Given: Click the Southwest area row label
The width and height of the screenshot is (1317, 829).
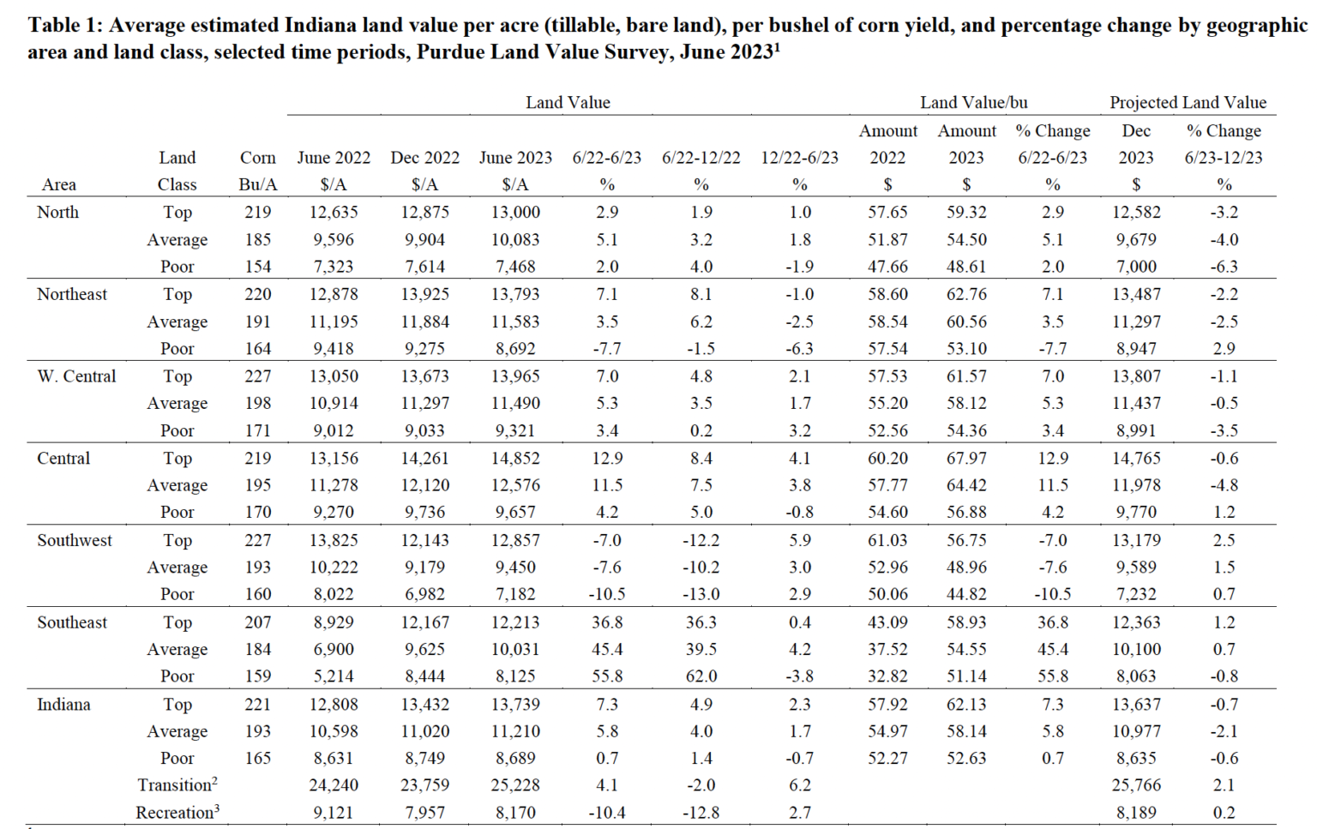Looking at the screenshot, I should point(75,540).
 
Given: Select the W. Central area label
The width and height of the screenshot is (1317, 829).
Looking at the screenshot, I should point(76,375).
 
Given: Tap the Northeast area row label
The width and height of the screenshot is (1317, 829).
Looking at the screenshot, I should point(72,294).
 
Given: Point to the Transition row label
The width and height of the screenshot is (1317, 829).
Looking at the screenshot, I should point(177,784).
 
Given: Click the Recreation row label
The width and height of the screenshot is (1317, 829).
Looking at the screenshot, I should point(177,812).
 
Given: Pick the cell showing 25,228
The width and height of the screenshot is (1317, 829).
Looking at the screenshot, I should point(515,784).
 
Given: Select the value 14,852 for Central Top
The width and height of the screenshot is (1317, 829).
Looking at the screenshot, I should point(515,458).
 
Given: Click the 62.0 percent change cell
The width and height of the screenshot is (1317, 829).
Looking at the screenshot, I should point(701,676).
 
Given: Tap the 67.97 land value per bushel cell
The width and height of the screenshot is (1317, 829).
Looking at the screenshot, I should point(966,458).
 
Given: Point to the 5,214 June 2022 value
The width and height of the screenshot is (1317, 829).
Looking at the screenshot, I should point(334,676).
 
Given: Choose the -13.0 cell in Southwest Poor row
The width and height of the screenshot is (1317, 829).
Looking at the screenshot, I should point(701,593).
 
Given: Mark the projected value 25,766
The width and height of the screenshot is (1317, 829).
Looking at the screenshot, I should point(1136,784).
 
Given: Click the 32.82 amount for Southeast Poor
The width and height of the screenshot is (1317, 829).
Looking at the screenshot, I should point(887,676).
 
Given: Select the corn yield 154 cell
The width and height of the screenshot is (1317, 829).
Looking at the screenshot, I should point(257,267).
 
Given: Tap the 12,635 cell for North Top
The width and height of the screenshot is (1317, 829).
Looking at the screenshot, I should point(334,212).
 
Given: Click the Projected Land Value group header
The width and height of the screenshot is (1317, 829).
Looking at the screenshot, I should point(1188,102).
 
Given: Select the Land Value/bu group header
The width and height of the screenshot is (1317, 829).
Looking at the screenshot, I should point(973,102).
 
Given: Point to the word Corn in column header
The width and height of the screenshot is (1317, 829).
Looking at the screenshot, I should point(257,158).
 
